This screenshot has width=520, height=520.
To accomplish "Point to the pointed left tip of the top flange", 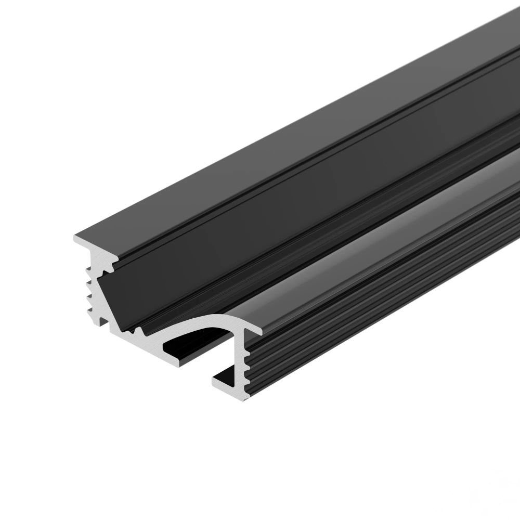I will [74, 238].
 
